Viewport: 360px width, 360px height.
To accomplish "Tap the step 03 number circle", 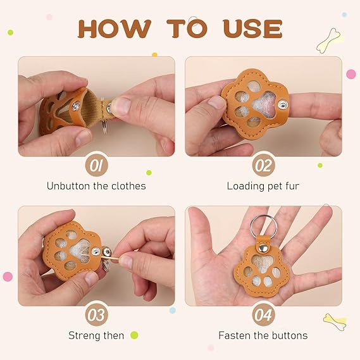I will [96, 314].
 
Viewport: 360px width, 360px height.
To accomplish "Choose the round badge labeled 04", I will [263, 314].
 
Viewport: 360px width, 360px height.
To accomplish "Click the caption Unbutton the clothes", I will [96, 186].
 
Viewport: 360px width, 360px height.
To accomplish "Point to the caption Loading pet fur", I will [263, 186].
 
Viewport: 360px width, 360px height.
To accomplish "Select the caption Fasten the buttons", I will [263, 335].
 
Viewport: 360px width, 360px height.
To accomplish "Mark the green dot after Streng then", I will [134, 335].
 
